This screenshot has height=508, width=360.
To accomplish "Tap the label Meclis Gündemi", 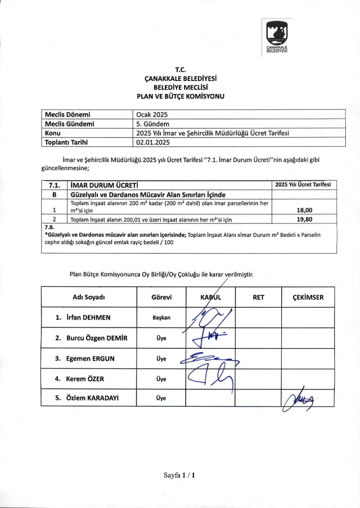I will coord(69,124).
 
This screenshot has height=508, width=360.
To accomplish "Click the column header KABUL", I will coord(211,297).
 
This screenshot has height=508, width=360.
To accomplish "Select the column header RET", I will coord(258,297).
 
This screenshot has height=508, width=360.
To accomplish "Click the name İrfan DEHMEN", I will coord(87,317).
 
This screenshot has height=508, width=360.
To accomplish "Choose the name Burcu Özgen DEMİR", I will coord(92,338).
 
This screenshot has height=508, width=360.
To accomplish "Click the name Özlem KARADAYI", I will coord(92,399).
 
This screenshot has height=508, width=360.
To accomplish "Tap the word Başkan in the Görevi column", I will coord(161,318).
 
